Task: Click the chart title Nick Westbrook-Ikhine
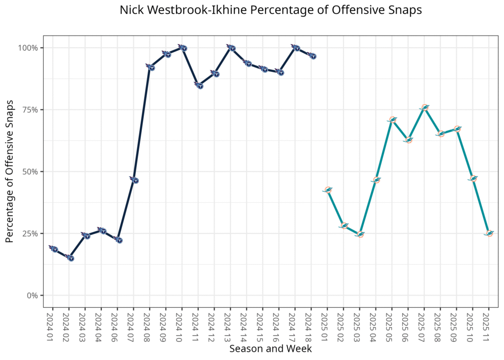(x=271, y=10)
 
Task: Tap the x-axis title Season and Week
(x=270, y=349)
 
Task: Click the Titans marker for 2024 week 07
(x=134, y=180)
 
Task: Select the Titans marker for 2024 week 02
(x=70, y=258)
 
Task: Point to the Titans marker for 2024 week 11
(x=199, y=85)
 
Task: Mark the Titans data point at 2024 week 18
(x=312, y=56)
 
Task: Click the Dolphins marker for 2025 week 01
(x=327, y=190)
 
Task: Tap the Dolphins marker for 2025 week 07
(x=425, y=107)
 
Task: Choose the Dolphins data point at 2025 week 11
(x=489, y=233)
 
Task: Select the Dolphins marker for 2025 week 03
(x=360, y=234)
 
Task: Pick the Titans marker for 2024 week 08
(x=151, y=67)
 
